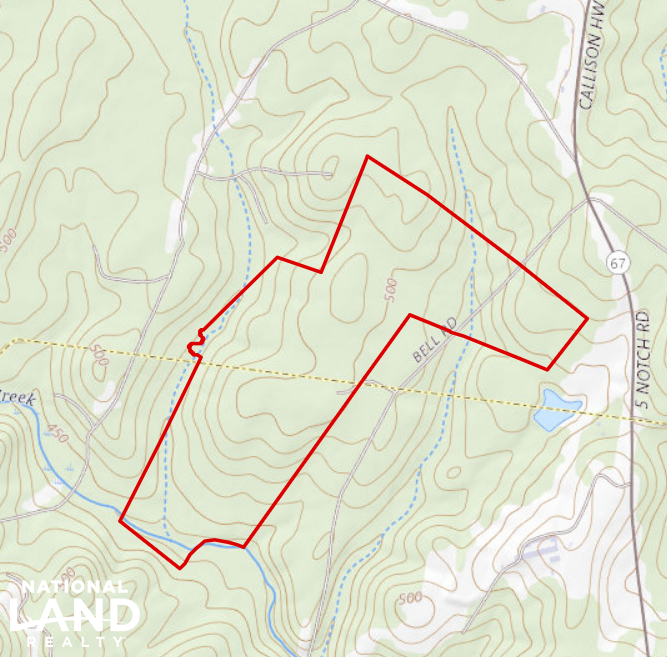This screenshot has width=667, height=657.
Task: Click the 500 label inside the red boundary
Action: [390, 290]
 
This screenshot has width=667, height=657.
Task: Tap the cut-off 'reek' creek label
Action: [18, 399]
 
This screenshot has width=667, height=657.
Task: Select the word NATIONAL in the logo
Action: [74, 587]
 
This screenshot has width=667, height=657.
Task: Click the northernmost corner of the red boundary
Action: [368, 156]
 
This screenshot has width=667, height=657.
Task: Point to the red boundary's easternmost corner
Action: [586, 320]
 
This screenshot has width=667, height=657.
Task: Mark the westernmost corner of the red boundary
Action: [120, 521]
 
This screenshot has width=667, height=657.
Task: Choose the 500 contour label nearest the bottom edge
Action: [409, 598]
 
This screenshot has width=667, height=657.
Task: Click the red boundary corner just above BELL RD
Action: [410, 315]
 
